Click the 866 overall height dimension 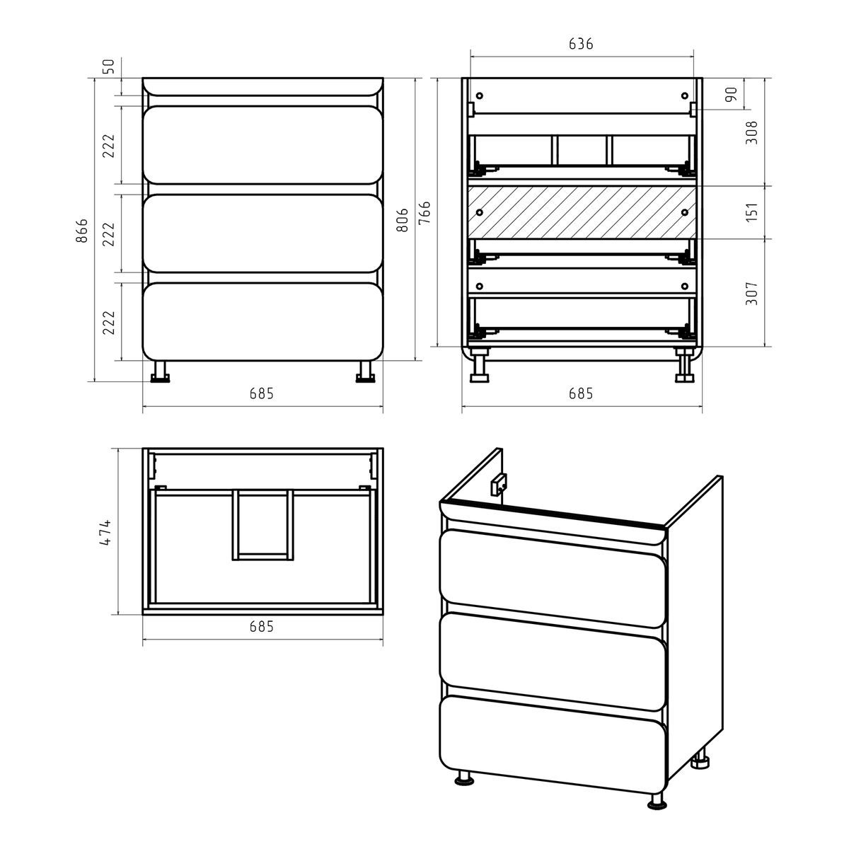82,230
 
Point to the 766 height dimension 424,213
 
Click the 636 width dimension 581,44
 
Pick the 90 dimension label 731,94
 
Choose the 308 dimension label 752,132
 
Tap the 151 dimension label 752,212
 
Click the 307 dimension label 752,293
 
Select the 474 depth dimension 105,533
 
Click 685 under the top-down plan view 262,626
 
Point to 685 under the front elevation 262,393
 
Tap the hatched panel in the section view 582,212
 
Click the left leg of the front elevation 160,372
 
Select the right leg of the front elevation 365,372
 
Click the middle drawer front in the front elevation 262,233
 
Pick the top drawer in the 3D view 553,578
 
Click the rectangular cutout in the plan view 262,525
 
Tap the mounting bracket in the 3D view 499,485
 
